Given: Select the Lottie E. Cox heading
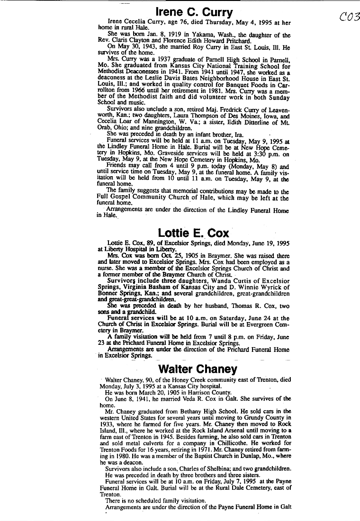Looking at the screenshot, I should point(193,233).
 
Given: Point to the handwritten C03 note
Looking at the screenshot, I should point(350,17).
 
